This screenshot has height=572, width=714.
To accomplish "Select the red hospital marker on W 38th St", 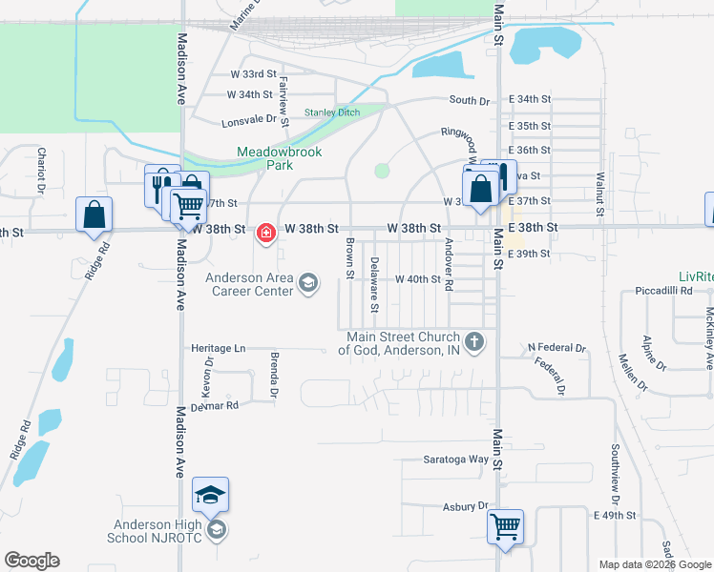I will point(265,231).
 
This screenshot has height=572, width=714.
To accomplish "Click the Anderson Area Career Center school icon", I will point(308,281).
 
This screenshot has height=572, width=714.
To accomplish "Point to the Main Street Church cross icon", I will point(474,340).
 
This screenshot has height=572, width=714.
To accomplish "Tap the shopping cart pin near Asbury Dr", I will point(505,526).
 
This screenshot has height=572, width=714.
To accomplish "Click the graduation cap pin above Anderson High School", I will point(211,494).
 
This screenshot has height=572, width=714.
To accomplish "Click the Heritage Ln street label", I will point(218,349).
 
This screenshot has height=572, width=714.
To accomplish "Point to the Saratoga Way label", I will point(456,460).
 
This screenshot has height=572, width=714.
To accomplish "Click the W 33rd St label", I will point(253,73).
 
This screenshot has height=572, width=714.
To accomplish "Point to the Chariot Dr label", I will point(42,169).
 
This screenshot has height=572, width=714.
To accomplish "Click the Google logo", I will point(31,561).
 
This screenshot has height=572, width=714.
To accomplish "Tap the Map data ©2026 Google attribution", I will point(656,564).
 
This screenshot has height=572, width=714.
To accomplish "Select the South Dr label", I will point(469,100).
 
